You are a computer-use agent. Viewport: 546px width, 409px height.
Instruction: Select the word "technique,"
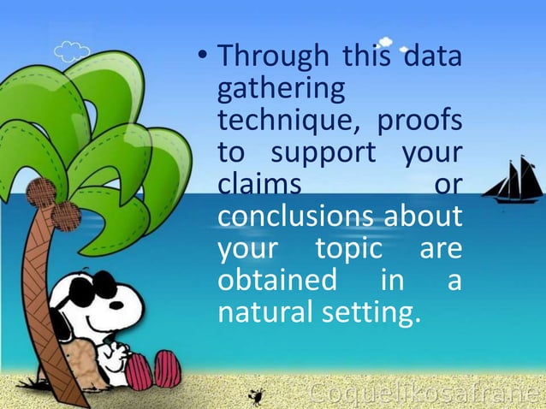click(285, 122)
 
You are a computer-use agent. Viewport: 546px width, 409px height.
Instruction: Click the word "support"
click(324, 155)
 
